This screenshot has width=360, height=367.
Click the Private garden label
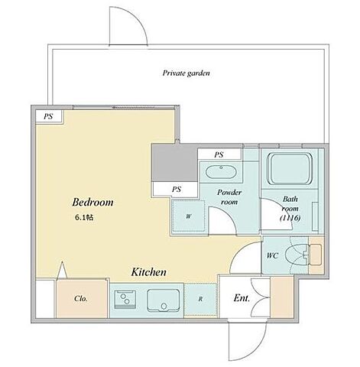186,73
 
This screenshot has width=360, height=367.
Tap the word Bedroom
92,202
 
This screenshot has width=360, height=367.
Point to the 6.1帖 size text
84,217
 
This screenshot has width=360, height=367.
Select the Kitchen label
149,272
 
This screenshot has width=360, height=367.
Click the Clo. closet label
81,298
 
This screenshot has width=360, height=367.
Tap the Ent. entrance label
242,298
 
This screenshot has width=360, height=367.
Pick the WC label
272,255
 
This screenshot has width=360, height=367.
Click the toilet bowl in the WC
297,255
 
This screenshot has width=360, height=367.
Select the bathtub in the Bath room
290,168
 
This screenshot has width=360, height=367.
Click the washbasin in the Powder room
221,172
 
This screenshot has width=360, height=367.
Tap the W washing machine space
189,216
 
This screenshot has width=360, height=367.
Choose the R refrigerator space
200,299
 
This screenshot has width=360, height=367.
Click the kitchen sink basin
164,300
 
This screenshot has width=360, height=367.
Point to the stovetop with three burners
125,299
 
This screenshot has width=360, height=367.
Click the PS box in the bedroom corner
49,116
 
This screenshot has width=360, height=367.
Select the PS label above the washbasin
219,154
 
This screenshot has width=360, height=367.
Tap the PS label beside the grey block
177,189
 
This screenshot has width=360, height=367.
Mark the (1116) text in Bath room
290,218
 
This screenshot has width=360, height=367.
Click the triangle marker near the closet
63,270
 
